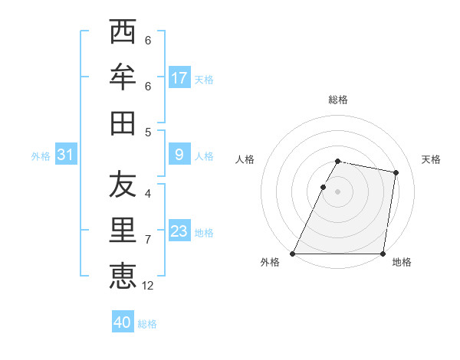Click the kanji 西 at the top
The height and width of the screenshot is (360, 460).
[x=123, y=33]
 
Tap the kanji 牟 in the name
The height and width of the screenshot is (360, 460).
[x=123, y=77]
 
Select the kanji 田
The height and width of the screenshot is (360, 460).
[x=123, y=123]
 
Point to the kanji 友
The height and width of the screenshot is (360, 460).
[x=123, y=185]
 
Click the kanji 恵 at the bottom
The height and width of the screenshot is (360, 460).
[x=123, y=275]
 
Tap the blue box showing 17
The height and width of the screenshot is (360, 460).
[x=179, y=78]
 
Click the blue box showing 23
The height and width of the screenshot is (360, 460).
[x=179, y=231]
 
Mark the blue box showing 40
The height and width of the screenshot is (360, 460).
[x=123, y=322]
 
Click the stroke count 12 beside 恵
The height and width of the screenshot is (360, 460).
[x=148, y=285]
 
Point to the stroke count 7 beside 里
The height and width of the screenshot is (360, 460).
[x=148, y=240]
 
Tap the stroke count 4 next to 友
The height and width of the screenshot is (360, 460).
[x=148, y=195]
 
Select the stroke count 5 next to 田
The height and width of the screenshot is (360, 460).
[x=148, y=132]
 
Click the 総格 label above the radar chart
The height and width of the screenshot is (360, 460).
[x=338, y=100]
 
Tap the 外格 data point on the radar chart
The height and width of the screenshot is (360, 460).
[x=293, y=254]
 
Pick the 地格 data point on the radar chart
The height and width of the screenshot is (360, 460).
[x=383, y=254]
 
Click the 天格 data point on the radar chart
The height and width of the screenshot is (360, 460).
[x=396, y=173]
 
